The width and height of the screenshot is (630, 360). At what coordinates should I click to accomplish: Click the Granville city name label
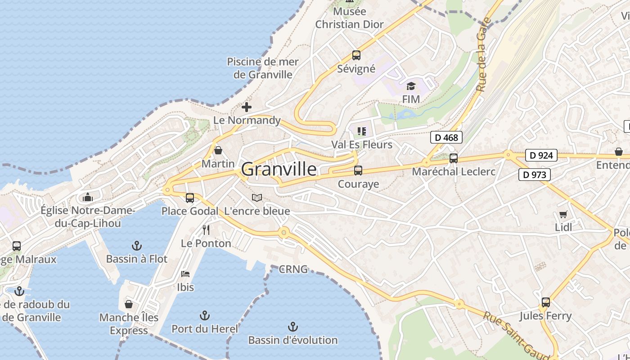click(x=279, y=169)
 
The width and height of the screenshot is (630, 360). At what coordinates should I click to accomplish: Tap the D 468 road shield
click(x=447, y=137)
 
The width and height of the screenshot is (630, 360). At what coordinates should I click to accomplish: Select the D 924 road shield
click(x=541, y=156)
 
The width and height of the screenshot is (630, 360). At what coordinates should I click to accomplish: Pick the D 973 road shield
click(x=535, y=175)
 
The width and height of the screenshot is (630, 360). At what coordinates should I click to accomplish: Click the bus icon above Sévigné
click(x=356, y=55)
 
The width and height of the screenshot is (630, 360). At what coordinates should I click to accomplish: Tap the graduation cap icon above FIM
click(x=411, y=86)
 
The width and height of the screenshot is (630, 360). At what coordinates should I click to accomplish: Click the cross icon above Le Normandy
click(x=247, y=107)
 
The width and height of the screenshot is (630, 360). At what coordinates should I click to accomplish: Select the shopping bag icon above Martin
click(x=218, y=150)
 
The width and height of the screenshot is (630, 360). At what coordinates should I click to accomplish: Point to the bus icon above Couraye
click(x=358, y=171)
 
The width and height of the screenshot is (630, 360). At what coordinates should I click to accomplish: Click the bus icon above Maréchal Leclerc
click(x=454, y=158)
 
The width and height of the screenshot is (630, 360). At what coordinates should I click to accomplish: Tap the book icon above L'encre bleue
click(x=257, y=198)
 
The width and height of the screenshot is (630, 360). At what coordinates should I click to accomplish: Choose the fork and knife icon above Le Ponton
click(x=206, y=230)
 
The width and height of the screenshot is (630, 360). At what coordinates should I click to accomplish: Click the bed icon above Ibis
click(x=185, y=274)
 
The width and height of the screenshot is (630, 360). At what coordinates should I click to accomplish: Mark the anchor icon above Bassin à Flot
click(x=136, y=246)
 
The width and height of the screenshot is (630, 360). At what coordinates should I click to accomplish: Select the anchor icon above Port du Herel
click(x=205, y=315)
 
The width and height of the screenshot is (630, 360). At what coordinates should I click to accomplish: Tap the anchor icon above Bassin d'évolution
click(x=293, y=326)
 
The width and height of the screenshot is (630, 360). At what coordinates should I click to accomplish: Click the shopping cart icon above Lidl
click(x=563, y=214)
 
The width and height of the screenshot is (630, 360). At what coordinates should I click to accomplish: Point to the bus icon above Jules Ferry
click(x=546, y=302)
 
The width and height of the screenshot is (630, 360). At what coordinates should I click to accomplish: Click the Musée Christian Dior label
click(x=350, y=18)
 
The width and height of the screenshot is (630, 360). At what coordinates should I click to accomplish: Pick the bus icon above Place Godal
click(x=190, y=198)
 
